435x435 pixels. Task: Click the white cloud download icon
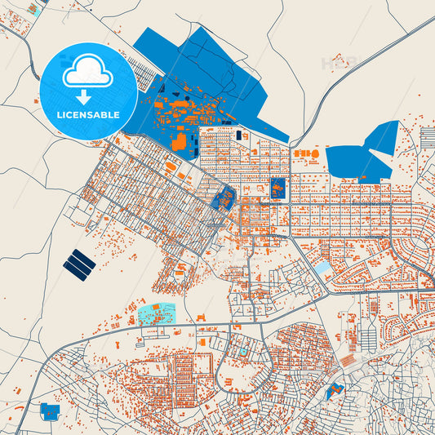click(x=88, y=74)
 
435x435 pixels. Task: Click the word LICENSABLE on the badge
click(x=88, y=115)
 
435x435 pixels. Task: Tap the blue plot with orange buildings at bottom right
click(x=334, y=391)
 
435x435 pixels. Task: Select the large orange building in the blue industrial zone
click(x=179, y=142)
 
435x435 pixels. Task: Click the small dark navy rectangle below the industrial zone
click(x=239, y=135)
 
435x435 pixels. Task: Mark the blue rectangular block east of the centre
click(x=277, y=189)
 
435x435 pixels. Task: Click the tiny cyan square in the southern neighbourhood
click(x=242, y=352)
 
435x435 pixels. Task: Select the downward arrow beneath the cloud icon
click(x=88, y=97)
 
